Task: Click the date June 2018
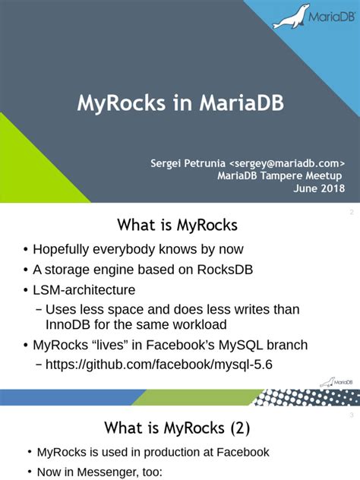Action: [319, 188]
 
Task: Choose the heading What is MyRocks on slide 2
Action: [177, 226]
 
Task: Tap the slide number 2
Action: [351, 214]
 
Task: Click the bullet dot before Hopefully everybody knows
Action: [26, 251]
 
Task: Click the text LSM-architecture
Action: [84, 289]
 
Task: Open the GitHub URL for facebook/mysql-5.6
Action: [159, 365]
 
